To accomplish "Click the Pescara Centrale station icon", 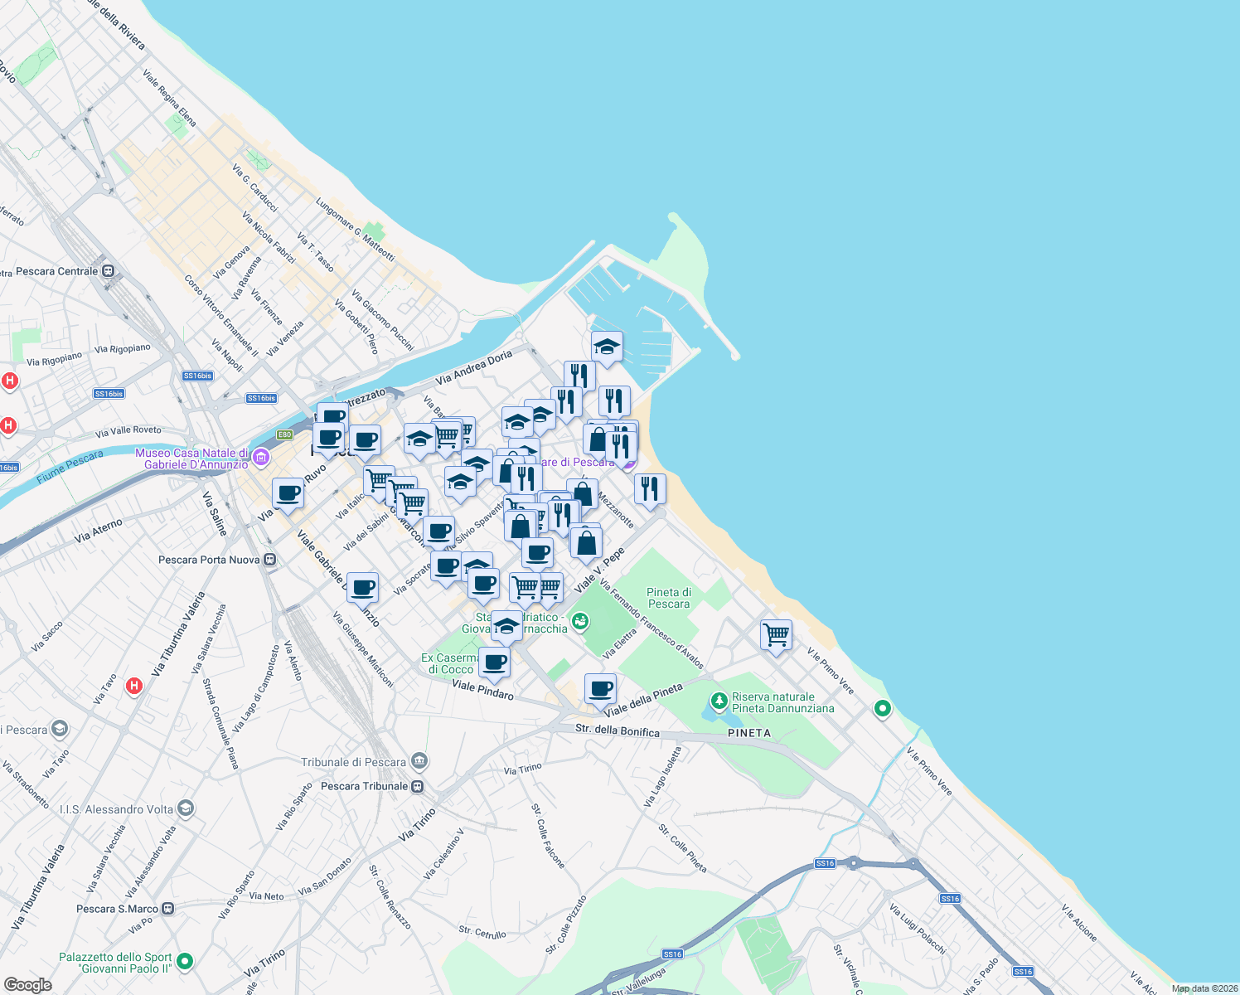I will click(109, 271).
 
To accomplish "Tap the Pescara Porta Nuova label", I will click(209, 560).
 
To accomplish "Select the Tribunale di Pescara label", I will click(354, 762).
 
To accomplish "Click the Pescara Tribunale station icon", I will click(418, 786).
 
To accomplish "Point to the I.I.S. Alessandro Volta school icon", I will click(186, 808).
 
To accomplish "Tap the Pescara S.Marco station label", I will click(116, 909).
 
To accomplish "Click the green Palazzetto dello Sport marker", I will click(185, 962).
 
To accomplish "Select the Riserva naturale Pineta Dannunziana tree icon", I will click(719, 701).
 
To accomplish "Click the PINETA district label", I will click(749, 733).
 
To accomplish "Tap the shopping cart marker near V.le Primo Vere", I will click(776, 635).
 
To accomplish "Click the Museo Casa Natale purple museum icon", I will click(261, 458).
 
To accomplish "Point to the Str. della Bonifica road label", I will click(618, 730).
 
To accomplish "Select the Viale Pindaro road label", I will click(482, 690).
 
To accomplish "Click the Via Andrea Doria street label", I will click(474, 368).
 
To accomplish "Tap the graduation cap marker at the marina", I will click(607, 347).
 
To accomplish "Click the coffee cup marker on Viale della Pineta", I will click(600, 689).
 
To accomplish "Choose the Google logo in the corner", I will click(27, 984).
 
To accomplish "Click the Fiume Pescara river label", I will click(70, 467).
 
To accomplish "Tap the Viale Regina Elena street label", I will click(169, 98).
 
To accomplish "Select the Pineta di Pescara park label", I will click(669, 598).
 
